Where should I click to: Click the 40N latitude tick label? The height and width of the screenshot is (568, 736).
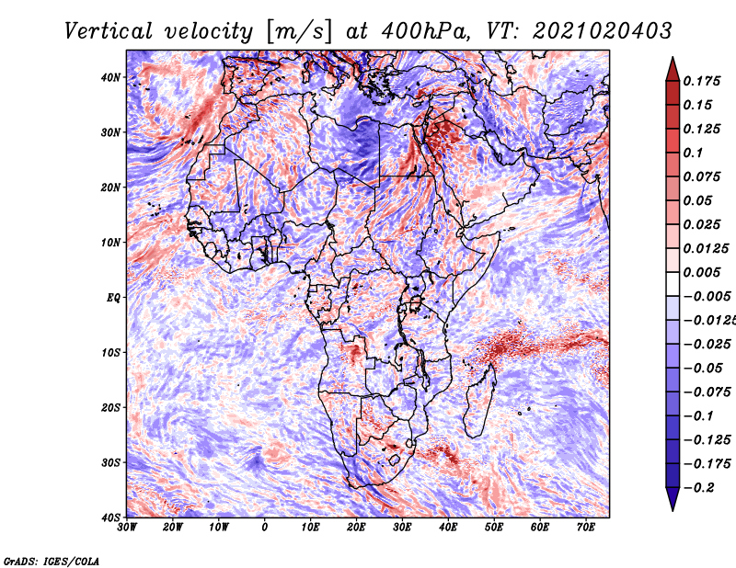click(x=110, y=77)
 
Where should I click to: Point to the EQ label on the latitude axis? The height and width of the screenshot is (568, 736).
click(x=113, y=298)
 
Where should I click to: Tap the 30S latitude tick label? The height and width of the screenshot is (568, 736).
click(x=110, y=462)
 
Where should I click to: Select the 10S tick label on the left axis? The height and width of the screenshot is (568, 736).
click(x=110, y=352)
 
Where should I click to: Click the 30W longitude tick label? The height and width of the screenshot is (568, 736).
click(x=127, y=528)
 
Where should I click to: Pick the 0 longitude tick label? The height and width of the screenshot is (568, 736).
click(x=265, y=528)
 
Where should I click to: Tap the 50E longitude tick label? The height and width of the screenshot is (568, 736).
click(x=494, y=528)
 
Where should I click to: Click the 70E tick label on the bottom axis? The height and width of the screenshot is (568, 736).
click(x=586, y=528)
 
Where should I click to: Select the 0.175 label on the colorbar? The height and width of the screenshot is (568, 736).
click(x=701, y=82)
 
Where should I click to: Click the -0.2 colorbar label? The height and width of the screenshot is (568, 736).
click(x=699, y=488)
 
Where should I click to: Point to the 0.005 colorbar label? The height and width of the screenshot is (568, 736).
click(x=701, y=272)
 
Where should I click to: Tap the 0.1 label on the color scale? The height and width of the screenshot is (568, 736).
click(x=693, y=153)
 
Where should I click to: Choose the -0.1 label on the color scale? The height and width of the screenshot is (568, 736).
click(x=698, y=416)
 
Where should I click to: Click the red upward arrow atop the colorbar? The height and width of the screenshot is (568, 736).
click(x=673, y=69)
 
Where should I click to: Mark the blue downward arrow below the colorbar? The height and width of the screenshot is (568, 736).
click(x=673, y=499)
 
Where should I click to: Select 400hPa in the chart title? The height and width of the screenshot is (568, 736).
click(x=425, y=31)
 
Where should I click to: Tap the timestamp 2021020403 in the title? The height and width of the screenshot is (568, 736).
click(x=603, y=31)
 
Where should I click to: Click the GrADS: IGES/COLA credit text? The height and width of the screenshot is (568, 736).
click(x=52, y=561)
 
